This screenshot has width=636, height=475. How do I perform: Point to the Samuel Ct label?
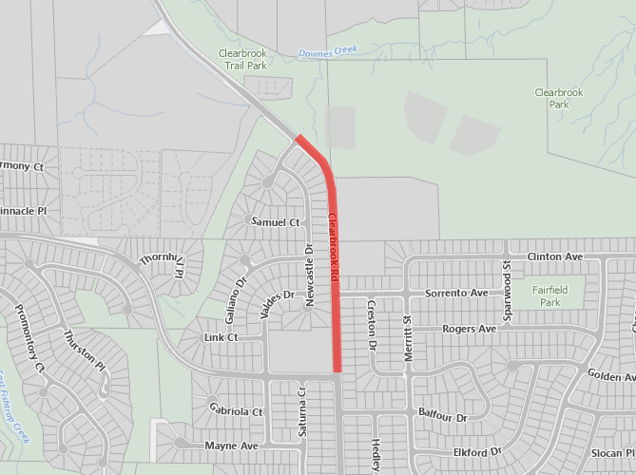pos(275,222)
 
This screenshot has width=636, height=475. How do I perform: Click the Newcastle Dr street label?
pos(309,275)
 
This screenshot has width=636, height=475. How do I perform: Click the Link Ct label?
pos(221,338)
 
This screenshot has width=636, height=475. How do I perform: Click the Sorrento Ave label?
pos(456,294)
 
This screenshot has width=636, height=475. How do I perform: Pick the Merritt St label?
pos(407,338)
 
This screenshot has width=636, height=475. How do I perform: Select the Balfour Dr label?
pos(443,416)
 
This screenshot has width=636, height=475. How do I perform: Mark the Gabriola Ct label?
pos(235,411)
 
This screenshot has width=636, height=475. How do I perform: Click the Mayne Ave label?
pos(231,446)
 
